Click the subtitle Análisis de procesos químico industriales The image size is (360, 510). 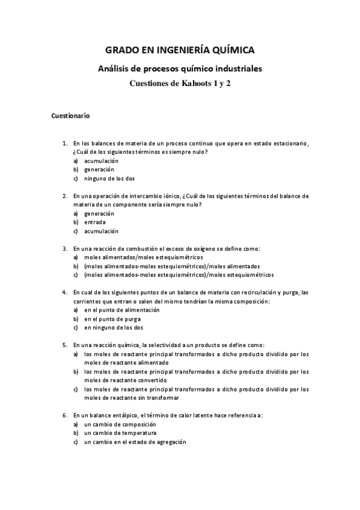coord(180,70)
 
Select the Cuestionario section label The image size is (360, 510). coord(71,115)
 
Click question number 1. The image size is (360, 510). coord(65,144)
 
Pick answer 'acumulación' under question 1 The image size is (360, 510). coord(101,161)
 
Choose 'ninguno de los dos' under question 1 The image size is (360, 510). coord(110,179)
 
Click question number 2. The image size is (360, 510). coord(65,196)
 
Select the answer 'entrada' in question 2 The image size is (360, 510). coord(95,223)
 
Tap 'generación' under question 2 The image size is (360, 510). coord(99,214)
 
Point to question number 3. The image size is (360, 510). coord(65,248)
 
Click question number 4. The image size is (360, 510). coord(65,292)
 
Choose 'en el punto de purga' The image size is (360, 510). coord(112,319)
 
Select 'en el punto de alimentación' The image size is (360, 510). coord(122,310)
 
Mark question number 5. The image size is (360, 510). coord(65,345)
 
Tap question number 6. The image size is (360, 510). coord(65,415)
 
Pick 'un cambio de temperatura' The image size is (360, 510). coord(120,432)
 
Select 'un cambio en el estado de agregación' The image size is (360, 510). coord(135,441)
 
